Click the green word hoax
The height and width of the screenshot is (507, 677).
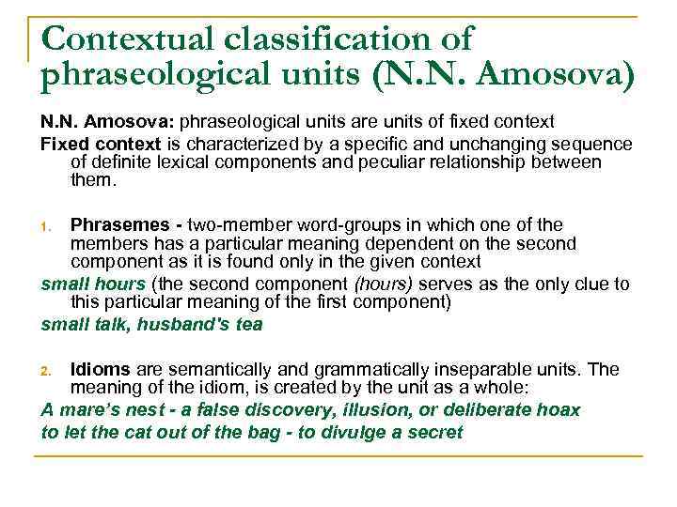[x=560, y=409]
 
